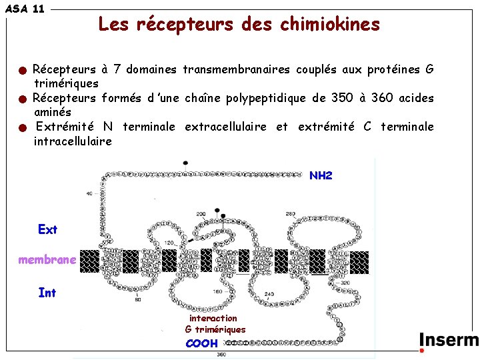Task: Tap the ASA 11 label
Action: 25,9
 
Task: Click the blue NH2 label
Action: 321,176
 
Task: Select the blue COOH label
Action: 201,343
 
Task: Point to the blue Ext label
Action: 48,229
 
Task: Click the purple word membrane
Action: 47,260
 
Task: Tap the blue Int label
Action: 47,292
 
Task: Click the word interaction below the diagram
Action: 213,319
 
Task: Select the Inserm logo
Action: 448,341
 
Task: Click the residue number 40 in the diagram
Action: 89,193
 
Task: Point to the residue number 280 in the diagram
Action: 291,214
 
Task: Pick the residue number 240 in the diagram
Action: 269,295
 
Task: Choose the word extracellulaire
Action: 225,127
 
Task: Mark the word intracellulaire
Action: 73,141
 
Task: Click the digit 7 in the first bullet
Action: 117,69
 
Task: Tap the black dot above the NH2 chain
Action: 185,162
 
